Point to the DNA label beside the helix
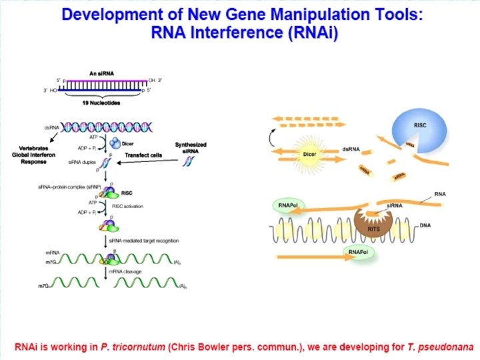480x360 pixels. click(x=427, y=225)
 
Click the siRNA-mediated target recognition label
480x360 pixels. click(x=147, y=239)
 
